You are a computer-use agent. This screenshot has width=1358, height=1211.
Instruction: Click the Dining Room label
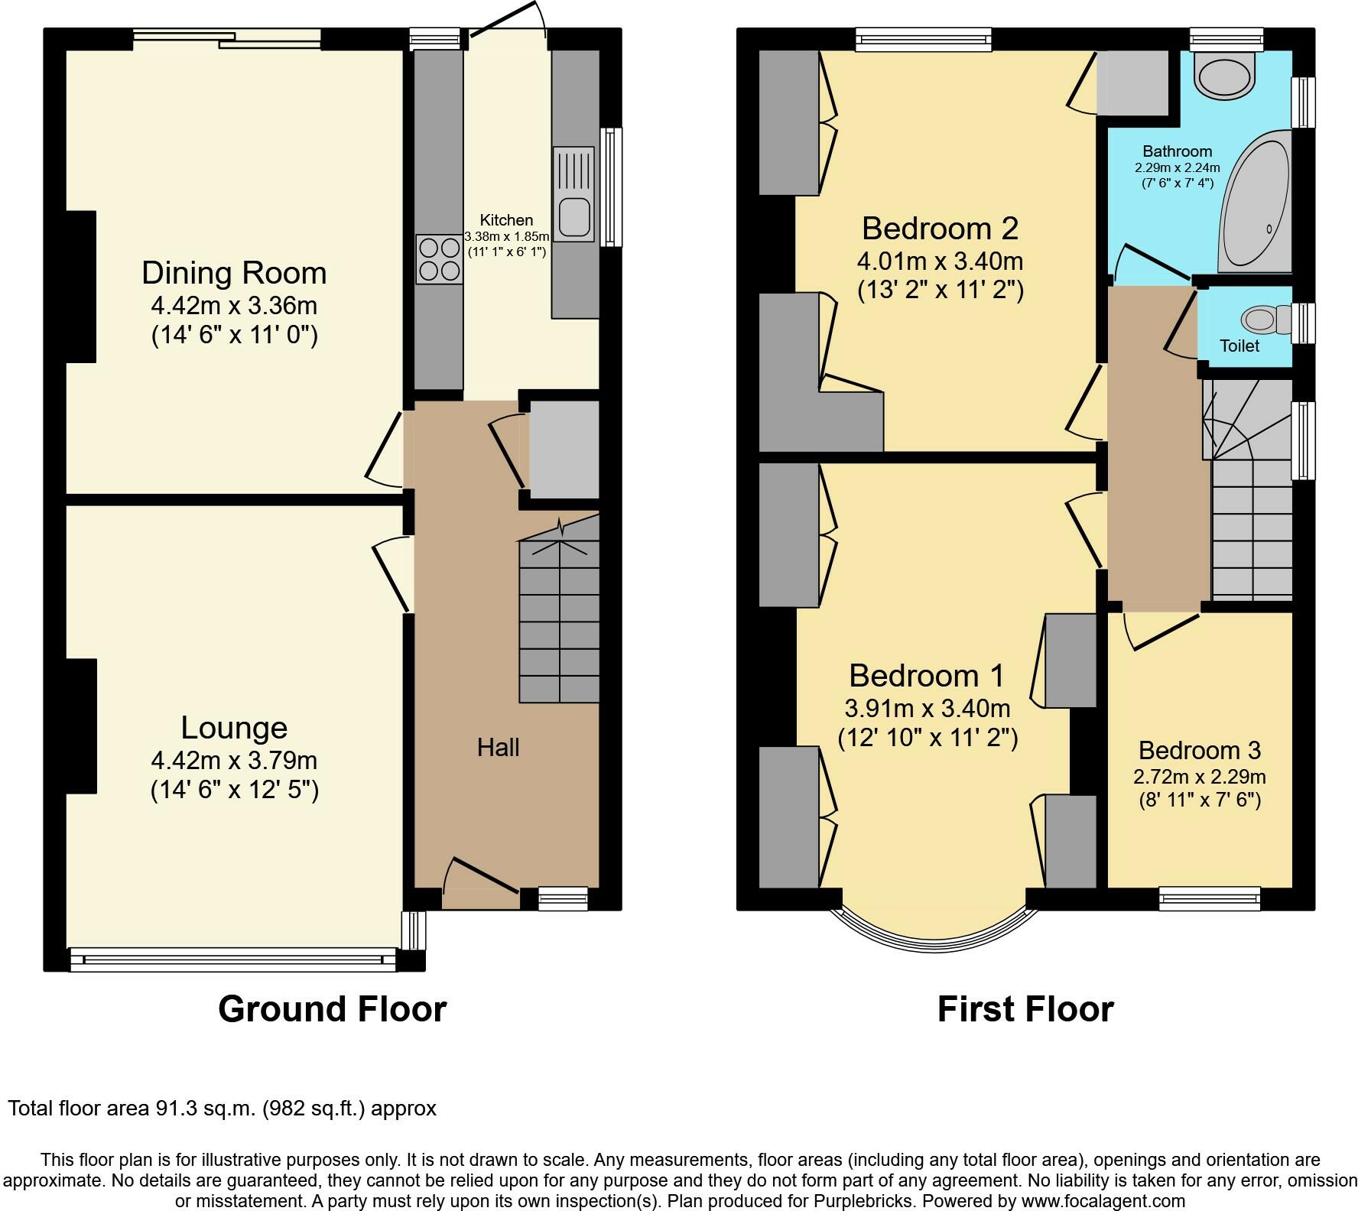234,273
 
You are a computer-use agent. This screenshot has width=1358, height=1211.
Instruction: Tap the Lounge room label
234,728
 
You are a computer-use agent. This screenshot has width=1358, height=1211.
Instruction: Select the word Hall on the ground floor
499,747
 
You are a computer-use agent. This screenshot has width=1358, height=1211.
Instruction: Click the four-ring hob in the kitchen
440,259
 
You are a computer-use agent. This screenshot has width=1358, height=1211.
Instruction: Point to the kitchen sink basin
573,216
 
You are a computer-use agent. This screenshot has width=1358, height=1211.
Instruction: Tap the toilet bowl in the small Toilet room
1265,319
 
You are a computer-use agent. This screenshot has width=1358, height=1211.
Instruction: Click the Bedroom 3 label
1199,750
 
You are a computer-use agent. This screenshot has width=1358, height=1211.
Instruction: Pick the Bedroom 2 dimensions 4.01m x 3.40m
940,261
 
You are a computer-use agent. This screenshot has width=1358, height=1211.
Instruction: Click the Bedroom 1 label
927,676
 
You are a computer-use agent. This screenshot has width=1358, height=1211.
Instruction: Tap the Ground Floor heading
333,1009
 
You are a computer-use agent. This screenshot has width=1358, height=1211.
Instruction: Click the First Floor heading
1025,1009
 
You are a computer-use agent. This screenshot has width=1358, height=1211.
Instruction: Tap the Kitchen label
506,220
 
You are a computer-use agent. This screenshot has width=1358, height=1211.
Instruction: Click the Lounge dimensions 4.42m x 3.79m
234,761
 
